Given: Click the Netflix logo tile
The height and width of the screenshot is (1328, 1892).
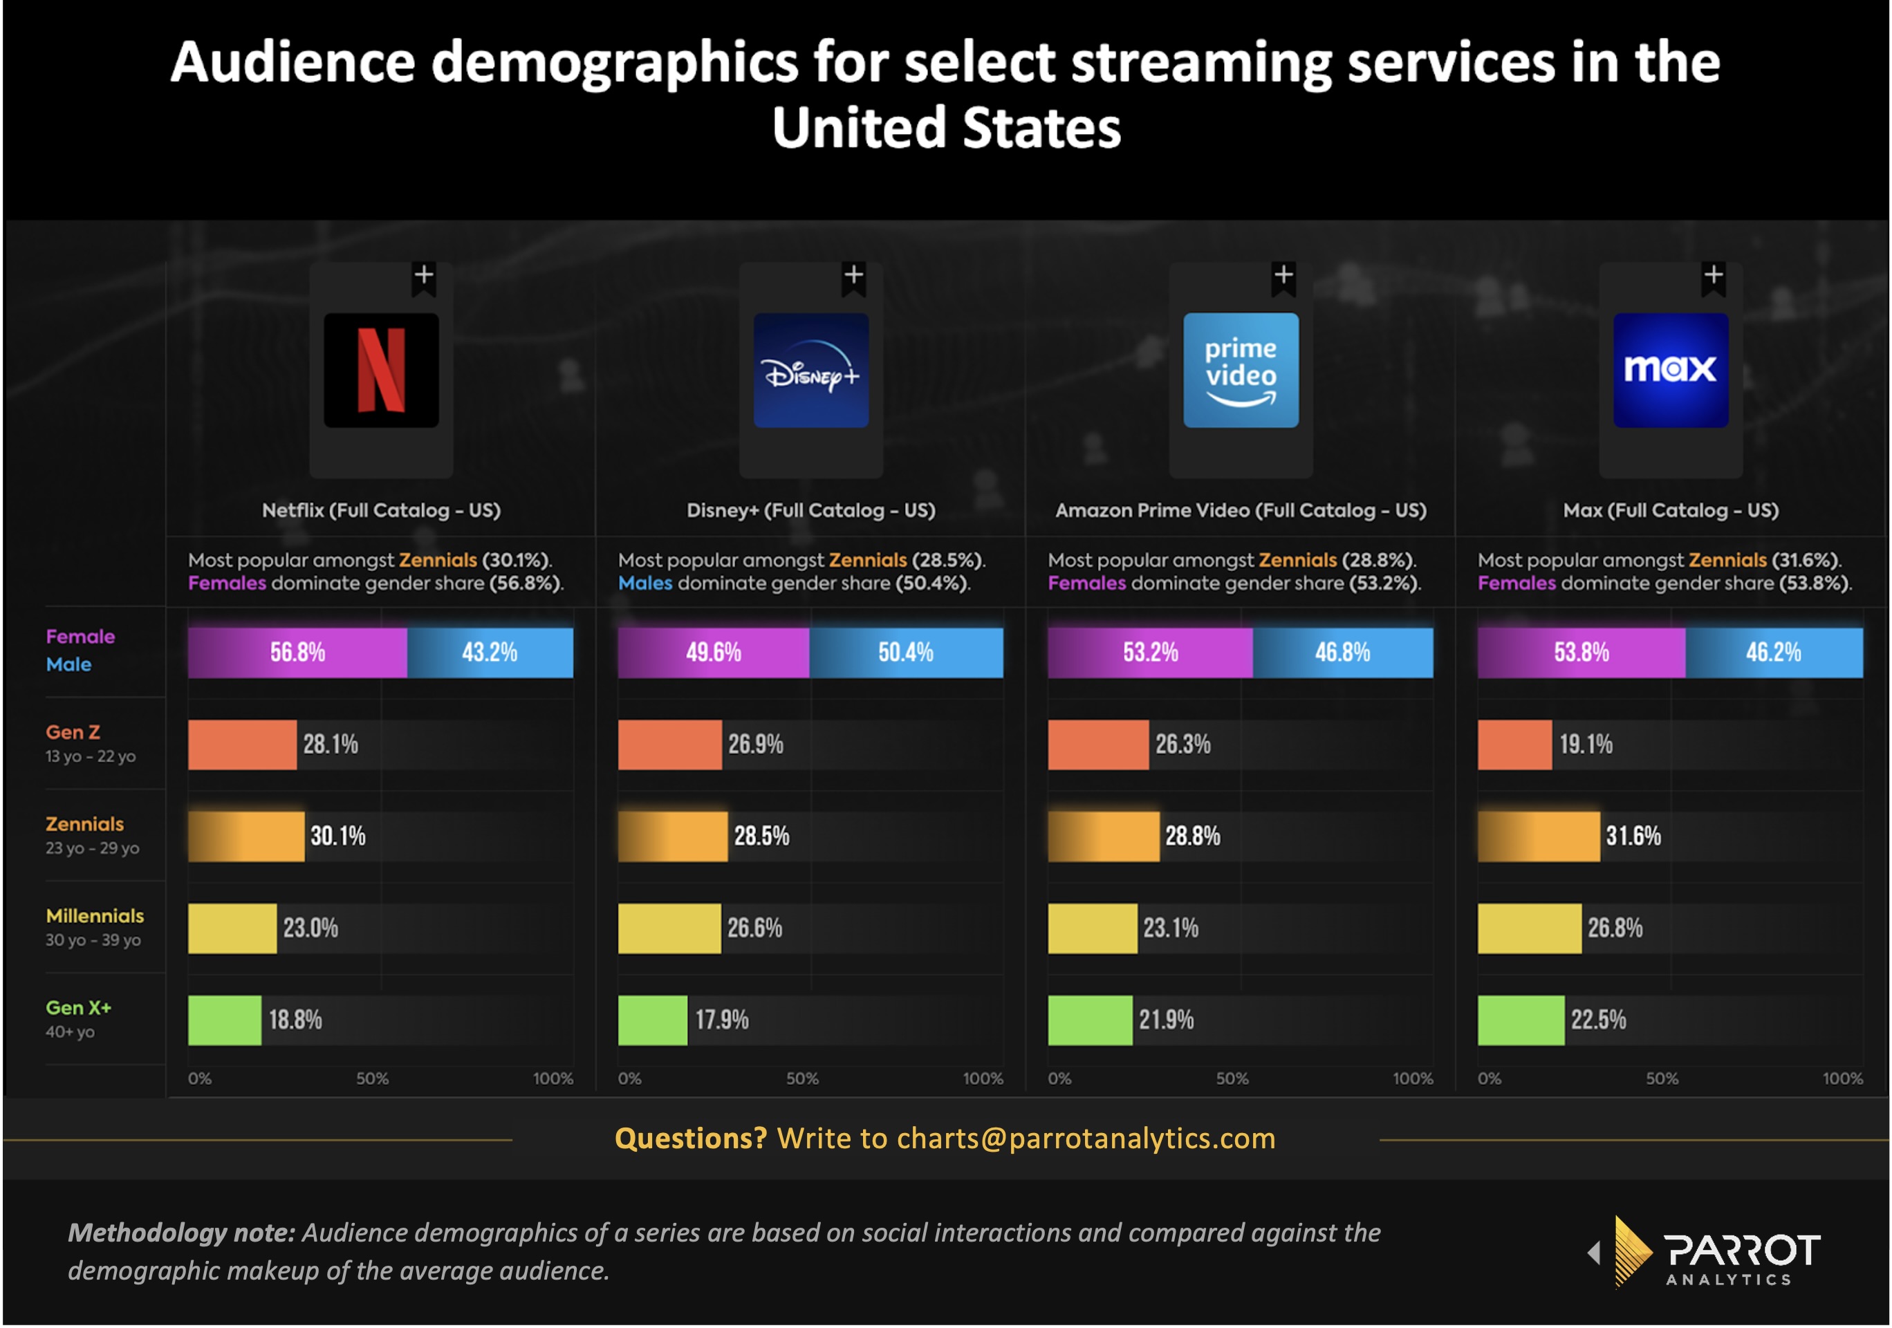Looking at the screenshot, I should [x=381, y=370].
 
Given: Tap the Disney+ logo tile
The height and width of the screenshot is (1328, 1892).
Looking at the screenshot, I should [x=811, y=370].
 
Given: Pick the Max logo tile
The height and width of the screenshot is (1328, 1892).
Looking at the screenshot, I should [x=1670, y=370].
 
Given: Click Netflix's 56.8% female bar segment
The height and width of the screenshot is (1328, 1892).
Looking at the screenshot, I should [x=297, y=653].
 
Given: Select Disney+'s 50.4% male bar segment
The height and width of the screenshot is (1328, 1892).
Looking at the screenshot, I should [x=906, y=653].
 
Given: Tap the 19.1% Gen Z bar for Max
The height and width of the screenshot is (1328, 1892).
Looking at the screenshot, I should [x=1514, y=745].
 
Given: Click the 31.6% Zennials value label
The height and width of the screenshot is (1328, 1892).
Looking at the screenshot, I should [x=1633, y=836].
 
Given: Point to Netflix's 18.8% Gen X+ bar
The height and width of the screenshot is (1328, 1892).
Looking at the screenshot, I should [x=224, y=1020].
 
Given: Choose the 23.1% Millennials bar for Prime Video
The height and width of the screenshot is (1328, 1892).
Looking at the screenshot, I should [x=1093, y=928].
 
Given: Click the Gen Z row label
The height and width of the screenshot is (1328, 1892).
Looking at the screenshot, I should [x=73, y=731].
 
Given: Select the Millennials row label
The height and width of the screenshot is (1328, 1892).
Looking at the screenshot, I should [x=95, y=915].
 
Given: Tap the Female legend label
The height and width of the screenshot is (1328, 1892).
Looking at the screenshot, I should [x=80, y=636].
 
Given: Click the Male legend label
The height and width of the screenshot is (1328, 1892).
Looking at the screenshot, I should [x=68, y=664].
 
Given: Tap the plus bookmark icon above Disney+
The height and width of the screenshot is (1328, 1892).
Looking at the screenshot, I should [x=854, y=275].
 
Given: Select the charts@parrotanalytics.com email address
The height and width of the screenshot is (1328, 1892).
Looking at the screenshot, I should [x=1085, y=1138].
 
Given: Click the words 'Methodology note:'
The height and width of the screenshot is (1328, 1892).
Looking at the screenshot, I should [x=181, y=1233].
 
